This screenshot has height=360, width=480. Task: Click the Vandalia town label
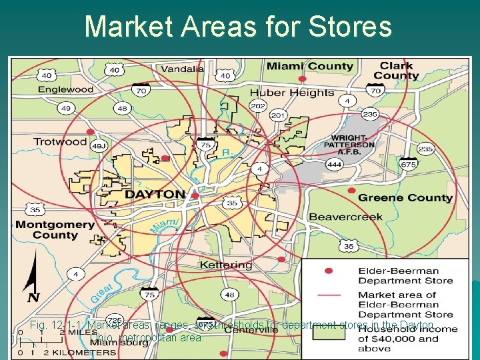(182, 69)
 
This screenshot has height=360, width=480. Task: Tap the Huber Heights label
(292, 93)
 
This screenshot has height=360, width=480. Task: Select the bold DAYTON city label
(155, 195)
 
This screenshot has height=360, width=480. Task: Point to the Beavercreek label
(345, 217)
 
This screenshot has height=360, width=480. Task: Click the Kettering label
(226, 265)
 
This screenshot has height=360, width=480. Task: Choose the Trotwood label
(60, 141)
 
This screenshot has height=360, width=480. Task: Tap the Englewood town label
(65, 89)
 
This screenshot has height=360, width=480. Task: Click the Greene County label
(405, 198)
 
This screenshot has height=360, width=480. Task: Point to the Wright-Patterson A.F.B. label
(350, 144)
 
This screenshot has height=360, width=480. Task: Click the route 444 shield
(334, 164)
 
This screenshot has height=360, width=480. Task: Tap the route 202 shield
(257, 105)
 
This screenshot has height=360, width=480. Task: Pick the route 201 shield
(277, 116)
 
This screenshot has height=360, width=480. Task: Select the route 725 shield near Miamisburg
(115, 321)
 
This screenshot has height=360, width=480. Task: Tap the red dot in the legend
(327, 271)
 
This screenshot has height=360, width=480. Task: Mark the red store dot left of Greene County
(351, 191)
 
